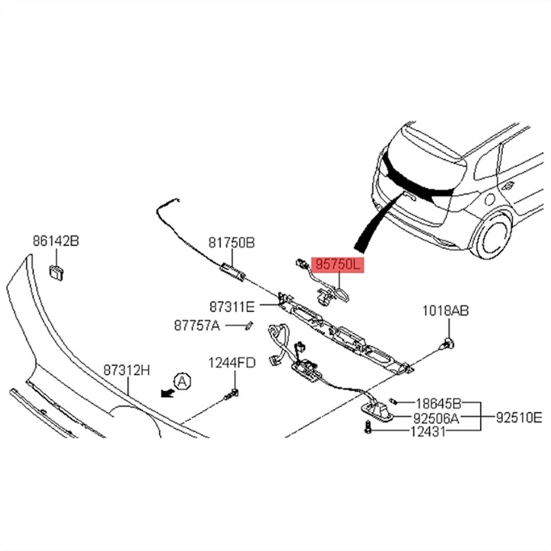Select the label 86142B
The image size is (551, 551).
pyautogui.click(x=56, y=241)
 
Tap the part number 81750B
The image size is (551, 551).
pyautogui.click(x=231, y=243)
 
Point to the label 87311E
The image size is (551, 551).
pyautogui.click(x=232, y=305)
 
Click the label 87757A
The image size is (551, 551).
pyautogui.click(x=197, y=326)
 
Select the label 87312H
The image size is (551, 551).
pyautogui.click(x=126, y=370)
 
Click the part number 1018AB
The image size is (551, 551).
pyautogui.click(x=446, y=312)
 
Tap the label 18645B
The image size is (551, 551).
pyautogui.click(x=438, y=404)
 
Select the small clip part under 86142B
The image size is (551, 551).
pyautogui.click(x=56, y=273)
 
